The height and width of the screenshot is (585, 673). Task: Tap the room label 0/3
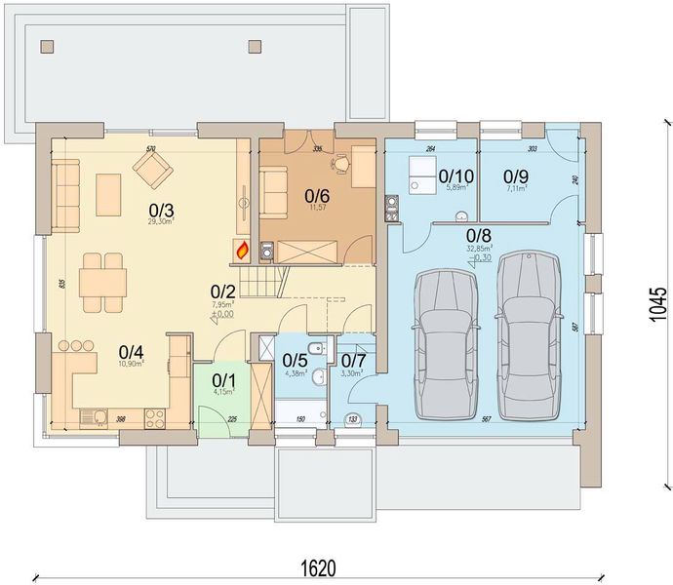[x=161, y=209]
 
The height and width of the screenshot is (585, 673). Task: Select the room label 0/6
[x=316, y=195]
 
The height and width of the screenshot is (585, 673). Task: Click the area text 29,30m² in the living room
[x=161, y=222]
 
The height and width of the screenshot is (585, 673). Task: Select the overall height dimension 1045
[x=659, y=304]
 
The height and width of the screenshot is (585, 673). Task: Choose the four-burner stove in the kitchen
[x=153, y=418]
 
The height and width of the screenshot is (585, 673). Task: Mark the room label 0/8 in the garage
[x=478, y=235]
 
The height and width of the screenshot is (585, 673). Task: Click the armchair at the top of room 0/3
[x=153, y=173]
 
